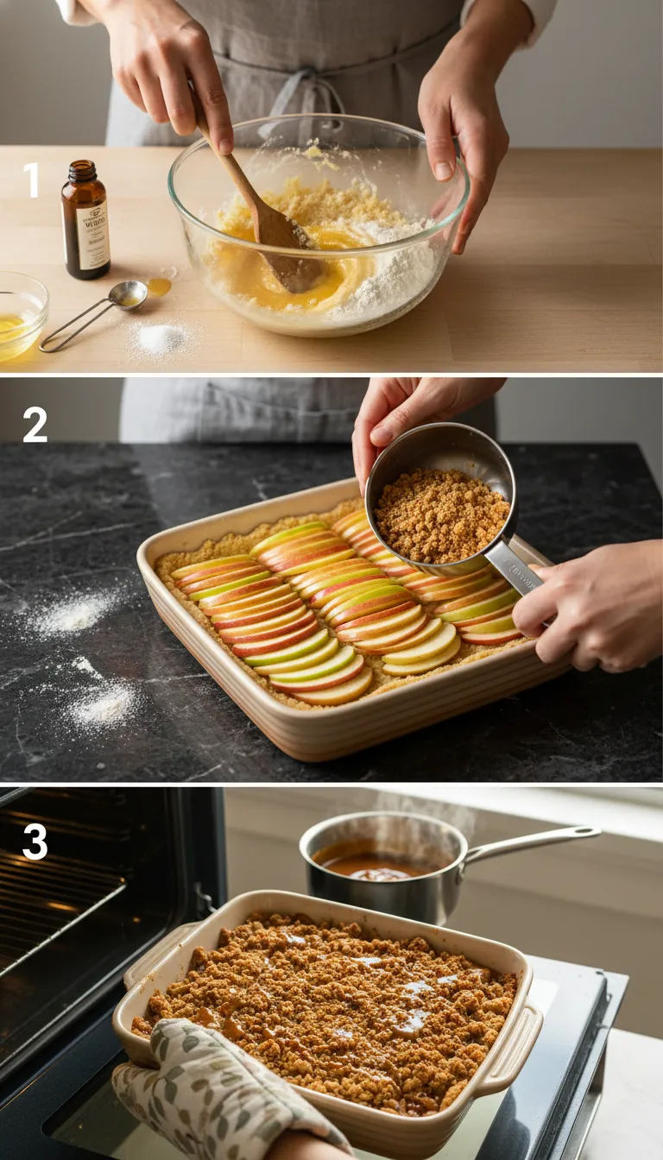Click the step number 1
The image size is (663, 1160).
(x=31, y=180)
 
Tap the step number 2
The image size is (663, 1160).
(x=35, y=424)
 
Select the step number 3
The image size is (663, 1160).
(x=35, y=842)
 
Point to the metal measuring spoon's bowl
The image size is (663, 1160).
(x=128, y=294)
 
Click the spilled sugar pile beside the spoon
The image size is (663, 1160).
(x=161, y=337)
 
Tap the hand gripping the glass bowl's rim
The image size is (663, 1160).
(x=458, y=155)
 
